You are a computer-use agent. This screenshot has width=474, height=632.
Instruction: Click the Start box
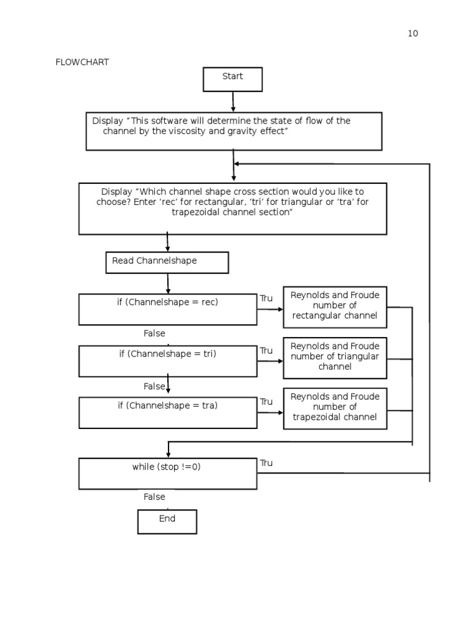pos(233,80)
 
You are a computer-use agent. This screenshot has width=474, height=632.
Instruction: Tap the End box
pos(167,522)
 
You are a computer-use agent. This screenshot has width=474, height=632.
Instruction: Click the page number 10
pos(413,33)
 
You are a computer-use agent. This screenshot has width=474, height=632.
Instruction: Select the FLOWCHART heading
pos(82,62)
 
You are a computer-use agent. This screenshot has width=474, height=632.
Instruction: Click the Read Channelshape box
pos(167,262)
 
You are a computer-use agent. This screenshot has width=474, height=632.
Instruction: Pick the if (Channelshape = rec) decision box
pos(168,309)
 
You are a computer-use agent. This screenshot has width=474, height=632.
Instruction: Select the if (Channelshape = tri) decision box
pos(168,361)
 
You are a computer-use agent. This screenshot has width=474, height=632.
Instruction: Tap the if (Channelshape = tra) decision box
pos(168,413)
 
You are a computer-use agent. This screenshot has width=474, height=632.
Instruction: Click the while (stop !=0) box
pos(168,473)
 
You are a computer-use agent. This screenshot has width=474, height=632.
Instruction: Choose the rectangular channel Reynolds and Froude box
pos(335,307)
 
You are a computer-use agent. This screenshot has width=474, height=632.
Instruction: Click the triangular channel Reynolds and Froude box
pos(335,357)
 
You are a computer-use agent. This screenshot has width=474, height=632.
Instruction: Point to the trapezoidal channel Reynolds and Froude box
pos(335,408)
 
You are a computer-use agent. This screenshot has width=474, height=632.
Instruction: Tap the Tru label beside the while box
pos(266,463)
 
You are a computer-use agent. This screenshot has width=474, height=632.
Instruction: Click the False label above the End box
pos(154,497)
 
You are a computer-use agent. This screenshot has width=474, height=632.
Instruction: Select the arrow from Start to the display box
pos(233,101)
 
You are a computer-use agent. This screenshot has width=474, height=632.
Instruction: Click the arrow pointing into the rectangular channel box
pos(270,309)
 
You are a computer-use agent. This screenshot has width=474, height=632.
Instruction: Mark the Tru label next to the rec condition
pos(266,298)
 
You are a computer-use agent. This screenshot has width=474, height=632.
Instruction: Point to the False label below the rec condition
pos(154,333)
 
